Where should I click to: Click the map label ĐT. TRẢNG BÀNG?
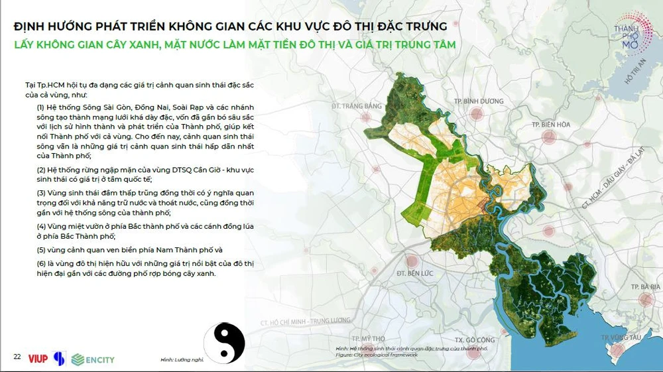358,105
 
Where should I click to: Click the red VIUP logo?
38,359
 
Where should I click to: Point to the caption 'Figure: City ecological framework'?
376,355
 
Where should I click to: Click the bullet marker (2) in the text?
41,170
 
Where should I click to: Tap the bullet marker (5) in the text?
41,250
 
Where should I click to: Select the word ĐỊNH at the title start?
32,27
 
